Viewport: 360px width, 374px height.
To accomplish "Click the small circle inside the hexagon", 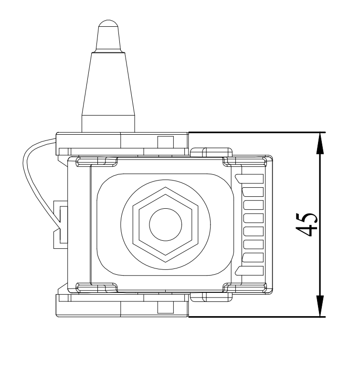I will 165,224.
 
